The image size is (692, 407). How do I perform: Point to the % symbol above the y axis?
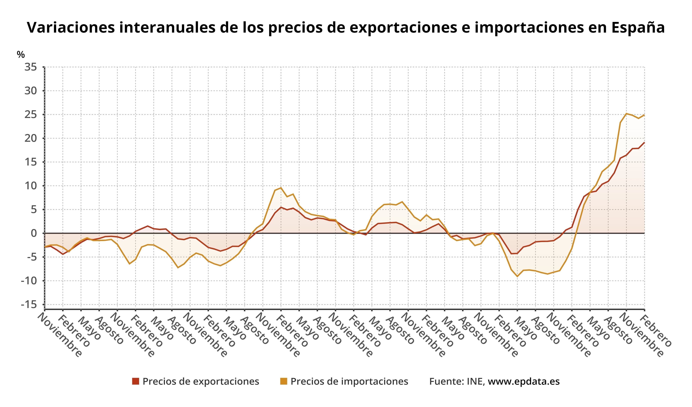(x=21, y=55)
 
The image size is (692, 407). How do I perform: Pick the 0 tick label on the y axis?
(x=33, y=233)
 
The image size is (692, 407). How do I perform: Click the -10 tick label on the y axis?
(x=29, y=281)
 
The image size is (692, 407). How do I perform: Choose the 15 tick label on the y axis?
(x=31, y=162)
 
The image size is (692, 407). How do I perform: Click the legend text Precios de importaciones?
(x=349, y=381)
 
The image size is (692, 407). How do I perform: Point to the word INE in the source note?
(x=475, y=381)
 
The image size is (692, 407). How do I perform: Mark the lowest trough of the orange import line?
(x=517, y=276)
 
